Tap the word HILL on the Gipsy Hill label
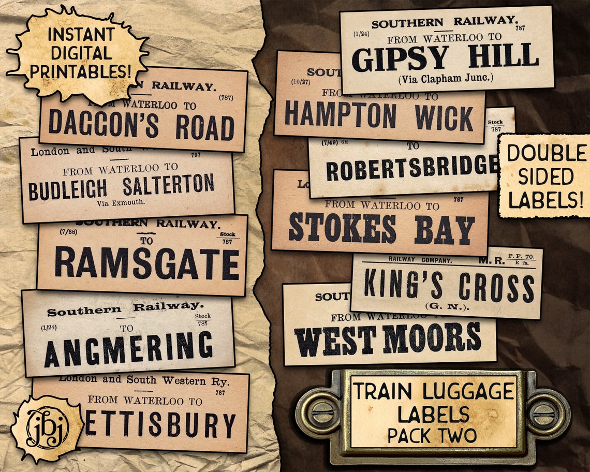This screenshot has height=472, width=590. [504, 56]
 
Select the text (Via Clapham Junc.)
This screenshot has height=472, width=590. [446, 79]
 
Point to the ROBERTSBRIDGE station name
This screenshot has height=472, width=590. [412, 168]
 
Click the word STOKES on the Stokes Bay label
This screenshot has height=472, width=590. [342, 228]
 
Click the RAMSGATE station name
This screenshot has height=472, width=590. [147, 263]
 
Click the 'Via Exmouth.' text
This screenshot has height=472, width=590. [121, 203]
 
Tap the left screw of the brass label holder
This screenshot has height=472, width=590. [318, 414]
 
